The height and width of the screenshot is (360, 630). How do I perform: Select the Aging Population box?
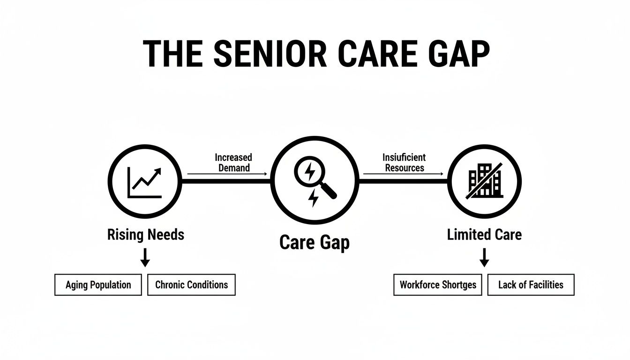[98, 285]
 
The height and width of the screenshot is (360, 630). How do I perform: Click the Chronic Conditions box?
[191, 285]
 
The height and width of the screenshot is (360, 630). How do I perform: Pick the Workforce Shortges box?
[437, 285]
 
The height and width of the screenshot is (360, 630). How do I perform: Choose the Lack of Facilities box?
[531, 285]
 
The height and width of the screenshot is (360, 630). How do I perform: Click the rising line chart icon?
[145, 182]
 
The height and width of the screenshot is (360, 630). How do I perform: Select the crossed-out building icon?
[485, 181]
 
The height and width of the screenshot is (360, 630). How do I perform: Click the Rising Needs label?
[145, 234]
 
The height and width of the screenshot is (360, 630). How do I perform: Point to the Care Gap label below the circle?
[315, 243]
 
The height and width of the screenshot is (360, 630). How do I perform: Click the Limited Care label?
[484, 234]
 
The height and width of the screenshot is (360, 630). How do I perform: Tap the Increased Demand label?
[233, 162]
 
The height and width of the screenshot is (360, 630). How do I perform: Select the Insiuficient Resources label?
[404, 162]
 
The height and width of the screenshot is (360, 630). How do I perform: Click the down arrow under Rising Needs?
[145, 257]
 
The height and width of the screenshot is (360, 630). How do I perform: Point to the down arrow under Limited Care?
[484, 257]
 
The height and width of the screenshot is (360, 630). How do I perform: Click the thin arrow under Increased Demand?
[227, 174]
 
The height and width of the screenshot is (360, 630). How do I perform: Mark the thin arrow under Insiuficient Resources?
[403, 174]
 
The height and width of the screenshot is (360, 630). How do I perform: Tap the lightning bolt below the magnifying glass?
[313, 199]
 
